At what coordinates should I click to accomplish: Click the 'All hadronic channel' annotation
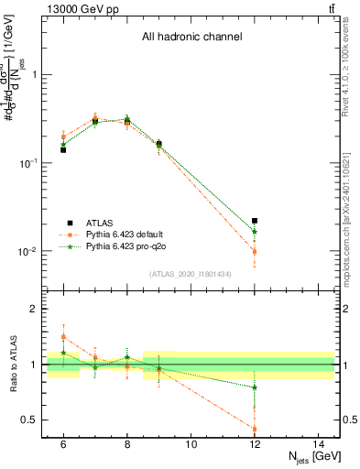[191, 38]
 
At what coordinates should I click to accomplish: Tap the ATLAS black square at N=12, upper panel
[255, 221]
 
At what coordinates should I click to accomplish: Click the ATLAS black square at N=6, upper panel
[63, 149]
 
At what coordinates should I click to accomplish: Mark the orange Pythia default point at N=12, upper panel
[255, 251]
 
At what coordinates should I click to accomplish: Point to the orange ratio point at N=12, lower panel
[255, 429]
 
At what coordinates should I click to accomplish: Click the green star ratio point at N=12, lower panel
[255, 387]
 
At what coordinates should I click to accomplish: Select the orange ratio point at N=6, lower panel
[63, 337]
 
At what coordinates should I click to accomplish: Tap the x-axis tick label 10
[191, 444]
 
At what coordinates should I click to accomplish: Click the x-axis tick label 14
[318, 444]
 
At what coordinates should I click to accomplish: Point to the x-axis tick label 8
[127, 444]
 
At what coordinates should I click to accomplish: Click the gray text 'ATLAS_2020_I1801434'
[191, 274]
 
